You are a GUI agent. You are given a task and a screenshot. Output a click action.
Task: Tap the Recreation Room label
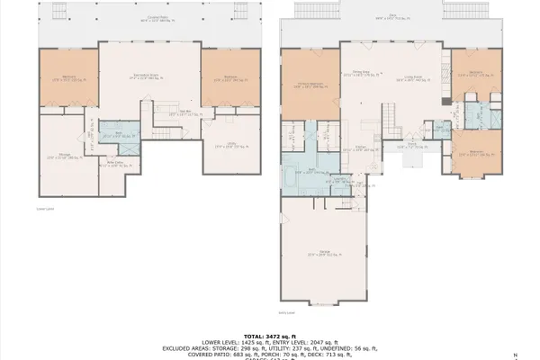pos(149,76)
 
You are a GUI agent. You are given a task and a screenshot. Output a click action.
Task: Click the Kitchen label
pos(360,148)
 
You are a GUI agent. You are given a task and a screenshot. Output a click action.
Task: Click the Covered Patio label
pos(148,19)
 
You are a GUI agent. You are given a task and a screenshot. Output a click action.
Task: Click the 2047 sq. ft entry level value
pos(320,342)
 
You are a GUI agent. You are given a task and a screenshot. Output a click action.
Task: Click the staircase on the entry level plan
pos(390,115)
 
